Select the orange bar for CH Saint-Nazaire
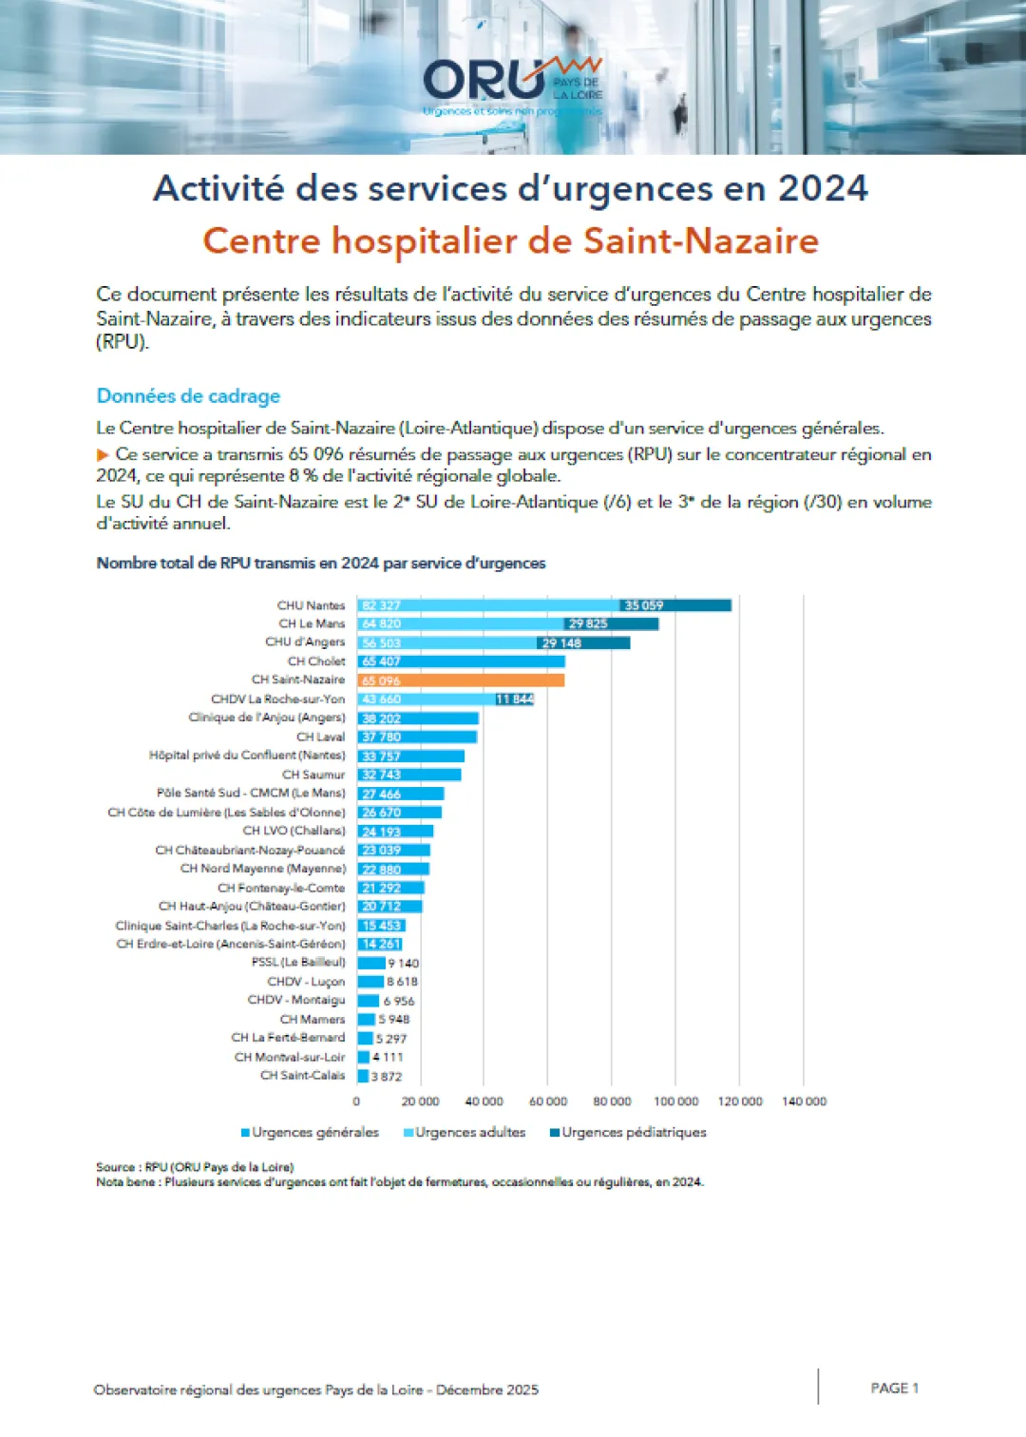pyautogui.click(x=461, y=680)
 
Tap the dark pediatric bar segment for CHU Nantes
pyautogui.click(x=674, y=605)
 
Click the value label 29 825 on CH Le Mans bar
pyautogui.click(x=588, y=624)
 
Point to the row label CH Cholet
pyautogui.click(x=316, y=661)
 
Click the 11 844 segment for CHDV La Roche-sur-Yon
pyautogui.click(x=514, y=699)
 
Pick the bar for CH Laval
pyautogui.click(x=417, y=737)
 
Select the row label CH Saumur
pyautogui.click(x=313, y=775)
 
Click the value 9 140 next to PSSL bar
pyautogui.click(x=403, y=963)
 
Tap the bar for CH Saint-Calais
pyautogui.click(x=363, y=1076)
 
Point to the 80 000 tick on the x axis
pyautogui.click(x=612, y=1102)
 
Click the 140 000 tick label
pyautogui.click(x=804, y=1102)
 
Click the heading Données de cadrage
pyautogui.click(x=188, y=396)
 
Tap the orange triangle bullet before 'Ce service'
pyautogui.click(x=103, y=455)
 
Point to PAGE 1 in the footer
pyautogui.click(x=894, y=1389)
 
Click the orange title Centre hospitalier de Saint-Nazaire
pyautogui.click(x=511, y=240)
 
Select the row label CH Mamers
pyautogui.click(x=313, y=1019)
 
